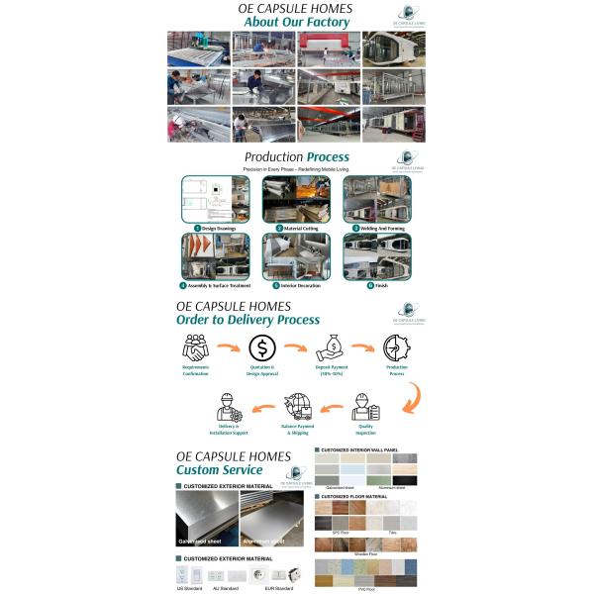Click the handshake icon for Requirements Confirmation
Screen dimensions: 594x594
pos(195,347)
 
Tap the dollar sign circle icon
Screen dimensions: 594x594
pos(262,347)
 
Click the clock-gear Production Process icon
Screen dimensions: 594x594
pos(397,347)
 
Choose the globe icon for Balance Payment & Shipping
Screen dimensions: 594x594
pos(298,407)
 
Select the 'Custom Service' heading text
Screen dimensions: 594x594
pos(219,469)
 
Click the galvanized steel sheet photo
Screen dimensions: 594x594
pos(206,519)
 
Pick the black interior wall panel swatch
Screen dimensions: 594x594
pos(405,480)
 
